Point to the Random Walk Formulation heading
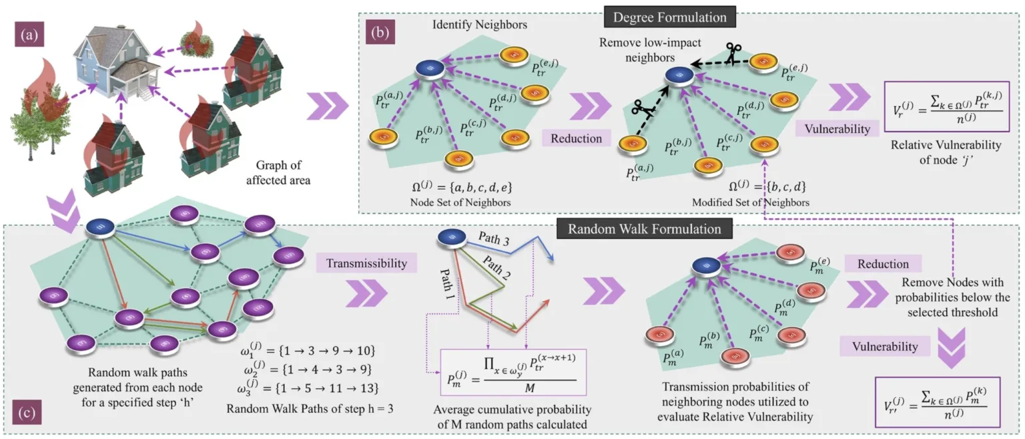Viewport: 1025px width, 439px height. pos(645,229)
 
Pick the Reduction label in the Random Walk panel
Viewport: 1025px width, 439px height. pos(883,264)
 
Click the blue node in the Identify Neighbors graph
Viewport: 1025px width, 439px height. pos(425,68)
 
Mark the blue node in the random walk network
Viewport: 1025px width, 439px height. pos(101,228)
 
